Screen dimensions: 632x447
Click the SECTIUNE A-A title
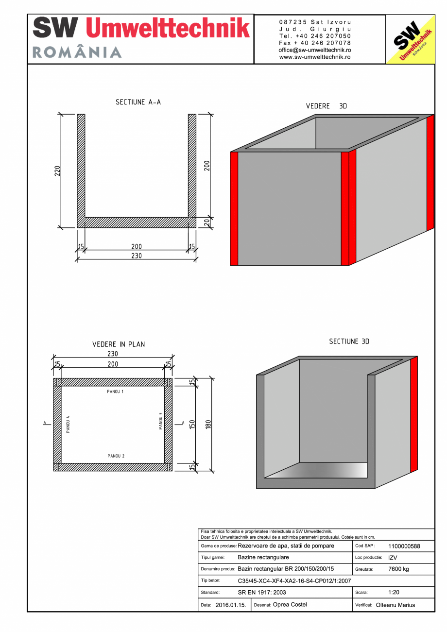click(138, 102)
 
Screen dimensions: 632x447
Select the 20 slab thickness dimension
click(206, 222)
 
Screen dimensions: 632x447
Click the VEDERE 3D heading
click(326, 106)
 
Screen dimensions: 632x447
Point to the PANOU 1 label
click(116, 392)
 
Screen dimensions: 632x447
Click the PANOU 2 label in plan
click(116, 456)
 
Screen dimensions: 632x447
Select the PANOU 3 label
click(161, 421)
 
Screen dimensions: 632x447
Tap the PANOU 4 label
click(69, 424)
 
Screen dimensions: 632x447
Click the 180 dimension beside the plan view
click(208, 424)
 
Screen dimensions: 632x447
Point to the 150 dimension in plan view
click(192, 424)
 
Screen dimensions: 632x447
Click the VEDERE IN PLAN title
click(119, 344)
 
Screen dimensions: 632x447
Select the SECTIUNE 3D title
click(349, 342)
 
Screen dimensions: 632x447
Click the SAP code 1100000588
click(404, 547)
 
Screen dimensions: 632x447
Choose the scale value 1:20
click(394, 593)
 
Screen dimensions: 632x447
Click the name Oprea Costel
click(290, 605)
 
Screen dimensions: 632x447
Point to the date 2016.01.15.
click(230, 605)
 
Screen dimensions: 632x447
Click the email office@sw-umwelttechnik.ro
click(315, 50)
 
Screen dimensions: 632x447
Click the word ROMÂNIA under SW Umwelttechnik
click(77, 52)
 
